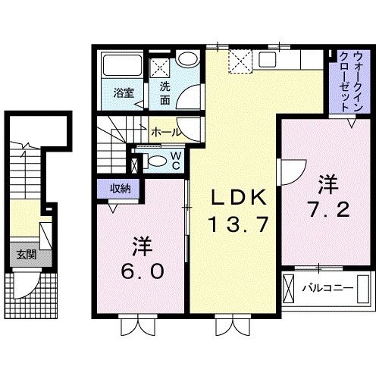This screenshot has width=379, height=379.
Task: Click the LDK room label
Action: coord(238,198)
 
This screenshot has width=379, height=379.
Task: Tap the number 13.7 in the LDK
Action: coord(238,224)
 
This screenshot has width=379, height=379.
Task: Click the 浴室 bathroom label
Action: coord(124,93)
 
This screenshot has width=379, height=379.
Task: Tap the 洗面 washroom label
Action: coord(164,92)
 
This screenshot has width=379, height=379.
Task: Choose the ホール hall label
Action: coord(166,131)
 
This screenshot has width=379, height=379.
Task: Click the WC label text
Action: coord(174,160)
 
